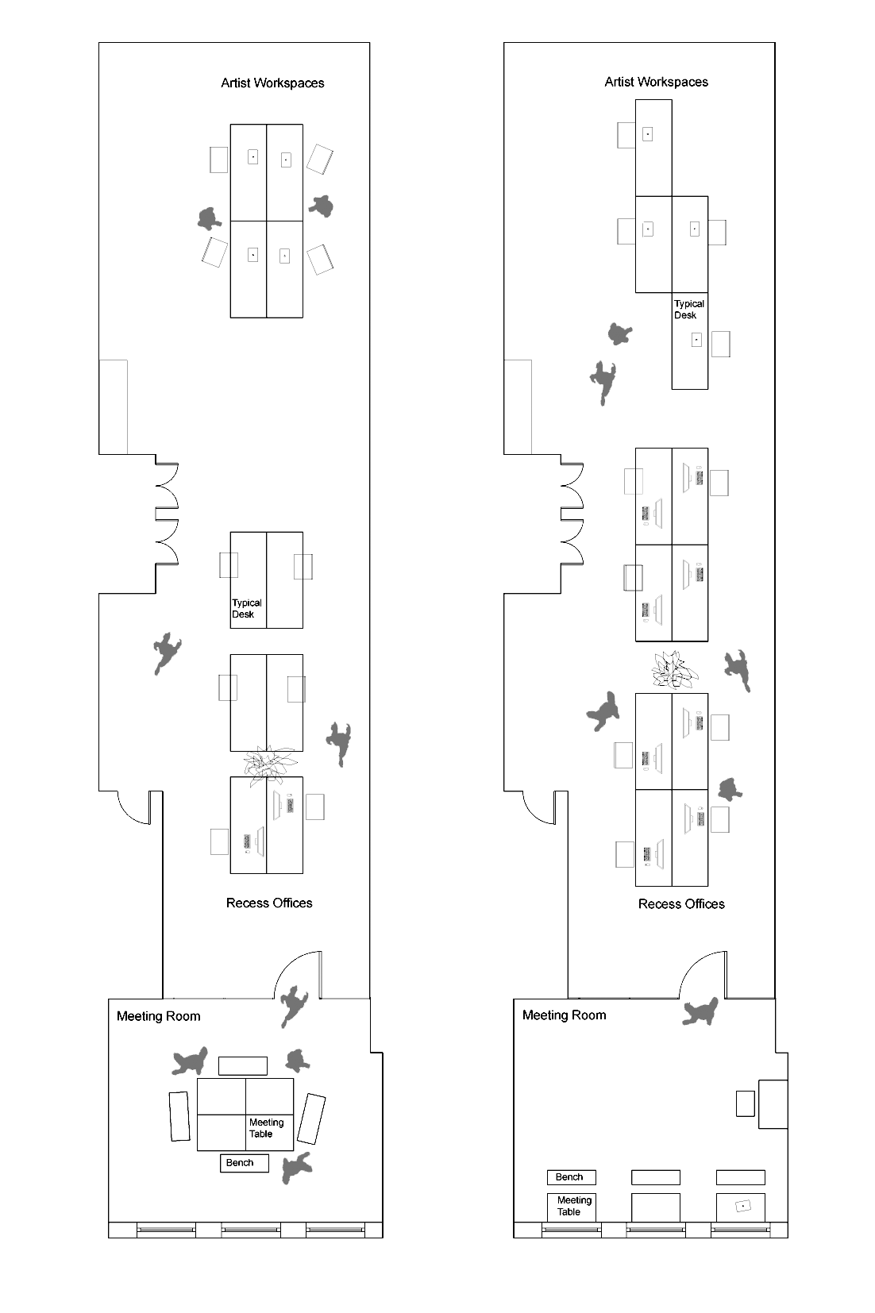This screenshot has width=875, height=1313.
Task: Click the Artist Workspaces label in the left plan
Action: pos(272,83)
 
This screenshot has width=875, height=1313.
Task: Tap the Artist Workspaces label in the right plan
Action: pos(656,82)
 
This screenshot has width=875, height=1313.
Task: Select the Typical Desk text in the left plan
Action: pos(246,609)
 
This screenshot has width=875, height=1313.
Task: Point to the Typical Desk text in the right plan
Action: pos(688,310)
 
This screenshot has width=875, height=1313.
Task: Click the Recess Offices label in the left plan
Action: pos(269,903)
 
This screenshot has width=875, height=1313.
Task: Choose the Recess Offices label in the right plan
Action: pos(681,904)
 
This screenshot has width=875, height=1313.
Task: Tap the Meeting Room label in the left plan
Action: pos(158,1016)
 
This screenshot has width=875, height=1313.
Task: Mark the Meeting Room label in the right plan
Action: pos(564,1015)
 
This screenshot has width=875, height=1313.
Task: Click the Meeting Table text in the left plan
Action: pos(266,1128)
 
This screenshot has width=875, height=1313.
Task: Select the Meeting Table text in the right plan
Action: pos(574,1206)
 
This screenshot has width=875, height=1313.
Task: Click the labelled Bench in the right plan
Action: pos(571,1177)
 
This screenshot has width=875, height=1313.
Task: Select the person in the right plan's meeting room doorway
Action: pos(701,1011)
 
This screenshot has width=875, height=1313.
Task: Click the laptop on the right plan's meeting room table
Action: pos(743,1206)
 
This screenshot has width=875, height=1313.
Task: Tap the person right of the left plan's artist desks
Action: pos(322,206)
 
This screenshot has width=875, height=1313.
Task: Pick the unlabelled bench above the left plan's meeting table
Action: pos(243,1065)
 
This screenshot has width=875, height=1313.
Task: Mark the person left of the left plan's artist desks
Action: pos(209,218)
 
